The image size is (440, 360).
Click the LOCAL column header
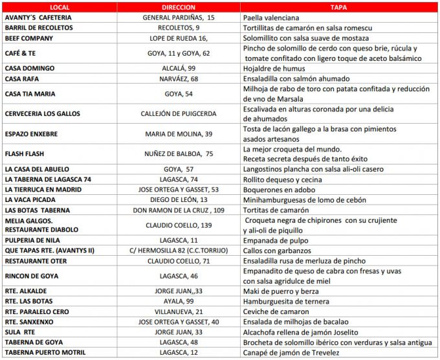pos(60,6)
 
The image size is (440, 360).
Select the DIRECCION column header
pos(179,6)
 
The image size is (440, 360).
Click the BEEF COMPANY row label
pos(30,38)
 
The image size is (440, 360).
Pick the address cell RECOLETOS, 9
pos(179,28)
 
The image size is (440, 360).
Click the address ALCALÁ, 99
pos(179,68)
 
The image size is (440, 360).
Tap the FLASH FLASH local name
pos(25,154)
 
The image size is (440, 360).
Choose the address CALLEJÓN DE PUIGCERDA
pos(179,113)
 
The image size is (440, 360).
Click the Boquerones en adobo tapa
pos(279,190)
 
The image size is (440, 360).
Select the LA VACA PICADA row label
pos(31,200)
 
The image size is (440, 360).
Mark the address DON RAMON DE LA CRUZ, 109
pos(179,210)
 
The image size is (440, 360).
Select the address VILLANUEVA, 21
pos(179,312)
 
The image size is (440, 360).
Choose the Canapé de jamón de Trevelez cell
pos(291,353)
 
